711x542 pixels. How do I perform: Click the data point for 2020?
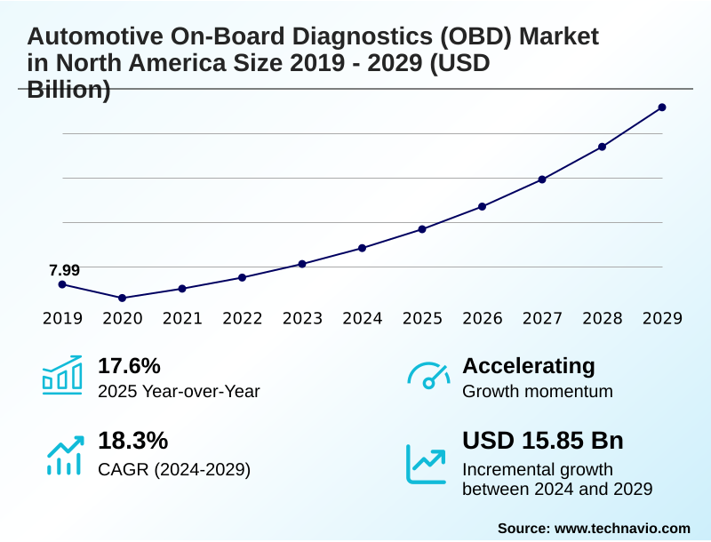[x=123, y=298]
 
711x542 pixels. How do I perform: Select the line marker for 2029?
[x=662, y=108]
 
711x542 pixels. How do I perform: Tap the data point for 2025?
[x=422, y=229]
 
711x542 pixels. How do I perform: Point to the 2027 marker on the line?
[x=542, y=179]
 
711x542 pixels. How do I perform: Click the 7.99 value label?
[x=64, y=269]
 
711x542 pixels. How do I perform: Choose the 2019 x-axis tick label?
[x=62, y=318]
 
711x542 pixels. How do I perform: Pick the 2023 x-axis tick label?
[x=302, y=318]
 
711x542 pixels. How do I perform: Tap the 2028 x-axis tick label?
[x=602, y=318]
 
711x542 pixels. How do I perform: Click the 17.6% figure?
[x=129, y=365]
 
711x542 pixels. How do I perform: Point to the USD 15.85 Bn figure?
[x=543, y=441]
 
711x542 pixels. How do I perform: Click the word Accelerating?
[x=529, y=365]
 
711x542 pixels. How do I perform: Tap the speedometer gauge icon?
[x=428, y=376]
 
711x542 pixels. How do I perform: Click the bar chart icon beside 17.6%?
[x=62, y=375]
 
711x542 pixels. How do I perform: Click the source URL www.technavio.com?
[x=622, y=528]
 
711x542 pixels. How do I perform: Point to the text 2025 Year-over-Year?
[x=179, y=391]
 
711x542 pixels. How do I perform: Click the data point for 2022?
[x=242, y=277]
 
